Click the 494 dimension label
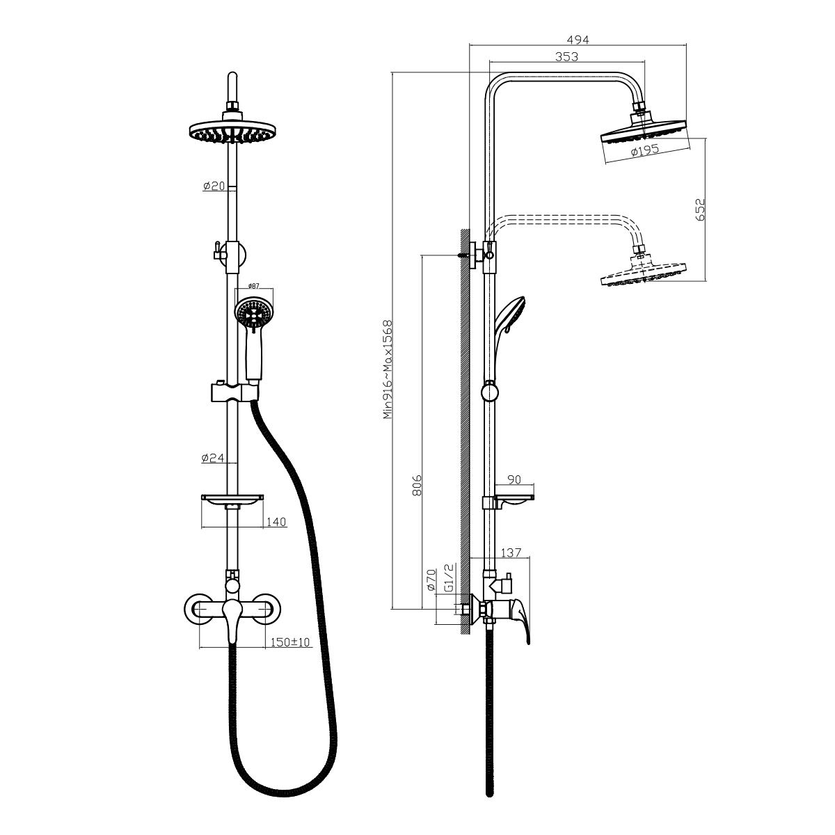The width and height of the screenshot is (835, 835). click(578, 40)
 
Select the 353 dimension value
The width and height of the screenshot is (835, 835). click(566, 57)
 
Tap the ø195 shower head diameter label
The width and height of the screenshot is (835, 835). click(644, 150)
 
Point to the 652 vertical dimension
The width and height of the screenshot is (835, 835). click(700, 209)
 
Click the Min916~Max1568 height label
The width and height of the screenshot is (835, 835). click(388, 369)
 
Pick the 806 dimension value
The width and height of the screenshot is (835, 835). click(417, 485)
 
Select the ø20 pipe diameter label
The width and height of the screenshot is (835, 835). click(214, 186)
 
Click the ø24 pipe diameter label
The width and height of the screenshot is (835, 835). click(213, 458)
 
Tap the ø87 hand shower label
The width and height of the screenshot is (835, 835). click(253, 285)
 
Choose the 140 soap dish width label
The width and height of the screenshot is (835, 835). click(276, 522)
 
